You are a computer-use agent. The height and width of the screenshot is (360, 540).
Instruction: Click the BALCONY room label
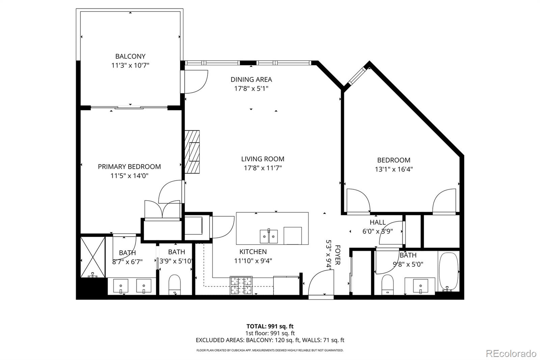click(130, 56)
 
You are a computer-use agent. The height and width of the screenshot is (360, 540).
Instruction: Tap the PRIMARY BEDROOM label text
click(129, 166)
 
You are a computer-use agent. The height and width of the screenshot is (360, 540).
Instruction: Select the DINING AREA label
click(251, 79)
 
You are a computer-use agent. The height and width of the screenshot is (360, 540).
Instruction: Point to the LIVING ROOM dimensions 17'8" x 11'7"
click(263, 168)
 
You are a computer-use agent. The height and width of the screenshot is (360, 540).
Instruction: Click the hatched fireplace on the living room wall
click(192, 152)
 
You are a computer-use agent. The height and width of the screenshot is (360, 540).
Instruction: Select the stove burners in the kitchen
click(241, 285)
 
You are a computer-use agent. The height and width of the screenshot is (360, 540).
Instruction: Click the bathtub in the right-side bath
click(448, 272)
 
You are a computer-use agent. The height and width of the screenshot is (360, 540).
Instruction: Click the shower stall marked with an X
click(93, 257)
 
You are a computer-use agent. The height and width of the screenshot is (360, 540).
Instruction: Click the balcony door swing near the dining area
click(196, 81)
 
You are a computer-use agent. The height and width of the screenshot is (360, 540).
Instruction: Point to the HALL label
click(377, 222)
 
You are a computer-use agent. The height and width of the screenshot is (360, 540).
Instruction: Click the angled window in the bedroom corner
click(357, 76)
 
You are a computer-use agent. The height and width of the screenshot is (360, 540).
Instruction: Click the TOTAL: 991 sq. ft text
click(270, 326)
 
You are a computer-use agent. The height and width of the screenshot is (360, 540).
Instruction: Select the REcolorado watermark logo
click(511, 354)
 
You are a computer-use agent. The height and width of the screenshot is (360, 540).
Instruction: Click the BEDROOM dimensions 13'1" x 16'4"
click(394, 169)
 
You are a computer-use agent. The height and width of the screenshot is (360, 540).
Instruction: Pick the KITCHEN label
click(253, 252)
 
